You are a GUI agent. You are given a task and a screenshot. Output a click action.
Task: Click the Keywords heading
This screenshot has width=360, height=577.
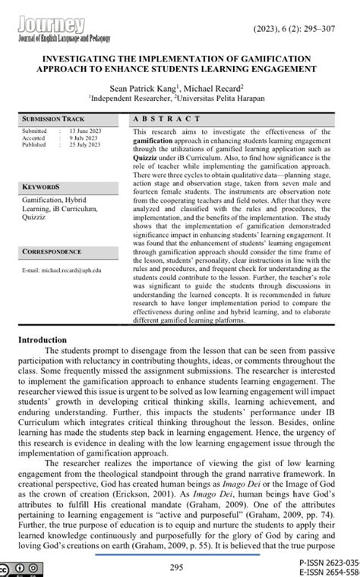point(41,186)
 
